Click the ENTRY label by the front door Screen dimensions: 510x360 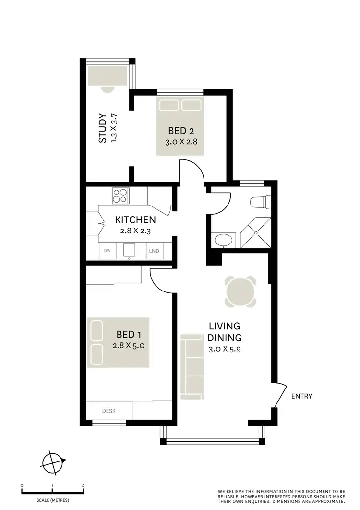tap(302, 396)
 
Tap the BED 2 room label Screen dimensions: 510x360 tap(180, 130)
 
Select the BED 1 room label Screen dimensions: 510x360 tap(129, 334)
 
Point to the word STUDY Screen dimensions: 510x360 tap(102, 128)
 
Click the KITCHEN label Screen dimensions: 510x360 tap(135, 220)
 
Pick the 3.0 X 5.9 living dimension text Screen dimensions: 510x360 tap(225, 350)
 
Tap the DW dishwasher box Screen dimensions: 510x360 tap(107, 251)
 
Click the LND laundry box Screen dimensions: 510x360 tap(154, 251)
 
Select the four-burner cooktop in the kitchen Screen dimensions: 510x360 tap(121, 195)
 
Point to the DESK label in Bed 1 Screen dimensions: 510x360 tap(108, 411)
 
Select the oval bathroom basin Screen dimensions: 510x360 tap(223, 240)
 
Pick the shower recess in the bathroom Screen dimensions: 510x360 tap(255, 233)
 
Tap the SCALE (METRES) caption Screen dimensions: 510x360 tap(53, 500)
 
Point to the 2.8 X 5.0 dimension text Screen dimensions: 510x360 tap(129, 345)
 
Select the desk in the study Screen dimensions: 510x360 tap(108, 76)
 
